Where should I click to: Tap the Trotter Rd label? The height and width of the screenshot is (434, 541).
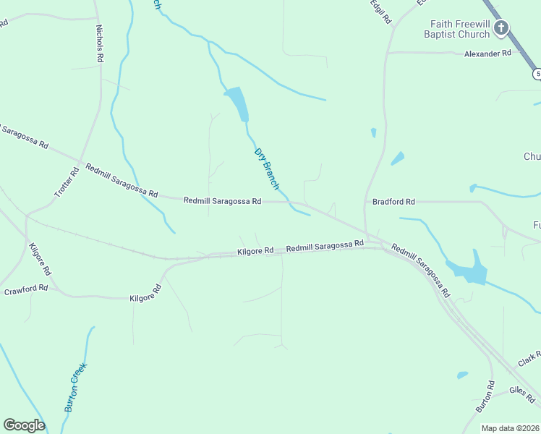pyautogui.click(x=66, y=183)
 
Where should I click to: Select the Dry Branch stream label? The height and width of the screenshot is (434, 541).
pyautogui.click(x=266, y=169)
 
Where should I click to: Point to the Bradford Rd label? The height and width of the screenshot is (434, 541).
pyautogui.click(x=393, y=202)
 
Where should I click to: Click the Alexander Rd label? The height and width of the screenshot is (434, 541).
pyautogui.click(x=487, y=54)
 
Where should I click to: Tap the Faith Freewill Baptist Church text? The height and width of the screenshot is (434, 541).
pyautogui.click(x=459, y=29)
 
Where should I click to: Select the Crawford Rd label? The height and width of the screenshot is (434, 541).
pyautogui.click(x=26, y=289)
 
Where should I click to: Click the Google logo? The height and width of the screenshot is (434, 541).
pyautogui.click(x=24, y=425)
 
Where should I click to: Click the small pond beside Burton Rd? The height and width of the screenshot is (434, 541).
pyautogui.click(x=462, y=375)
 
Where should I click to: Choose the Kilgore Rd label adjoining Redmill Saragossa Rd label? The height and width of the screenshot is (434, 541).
pyautogui.click(x=255, y=251)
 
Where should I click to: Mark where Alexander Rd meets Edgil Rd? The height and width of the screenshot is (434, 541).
pyautogui.click(x=387, y=53)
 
